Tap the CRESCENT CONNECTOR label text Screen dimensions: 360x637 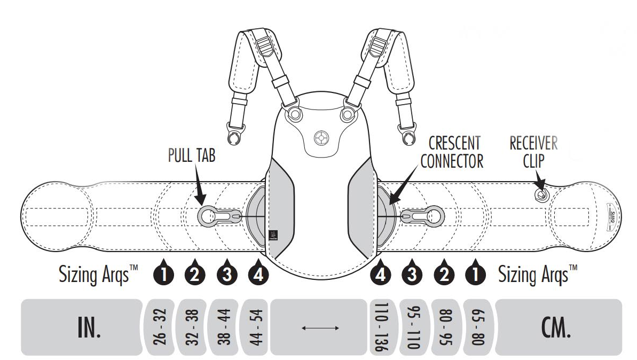click(x=452, y=152)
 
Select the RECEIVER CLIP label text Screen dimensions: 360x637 click(x=532, y=152)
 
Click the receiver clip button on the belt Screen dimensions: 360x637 click(x=541, y=194)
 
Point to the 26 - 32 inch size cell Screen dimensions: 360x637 click(x=159, y=327)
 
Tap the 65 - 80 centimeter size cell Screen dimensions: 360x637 click(x=478, y=327)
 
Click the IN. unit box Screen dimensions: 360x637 click(x=81, y=327)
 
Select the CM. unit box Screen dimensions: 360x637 click(x=559, y=327)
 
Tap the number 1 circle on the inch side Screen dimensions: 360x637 click(x=163, y=275)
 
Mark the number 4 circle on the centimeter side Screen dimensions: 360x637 click(x=380, y=275)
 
